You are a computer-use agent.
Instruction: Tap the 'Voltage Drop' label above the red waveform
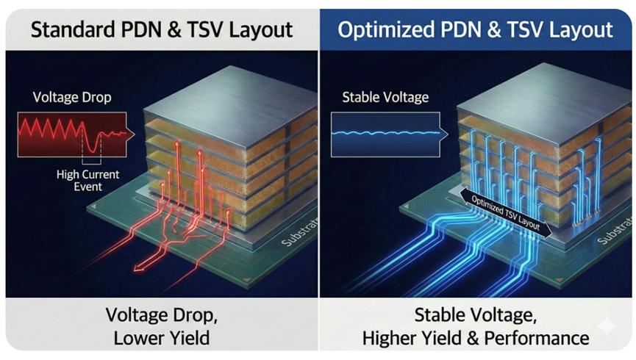pyautogui.click(x=72, y=98)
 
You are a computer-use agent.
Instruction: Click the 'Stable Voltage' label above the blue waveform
pyautogui.click(x=385, y=98)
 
